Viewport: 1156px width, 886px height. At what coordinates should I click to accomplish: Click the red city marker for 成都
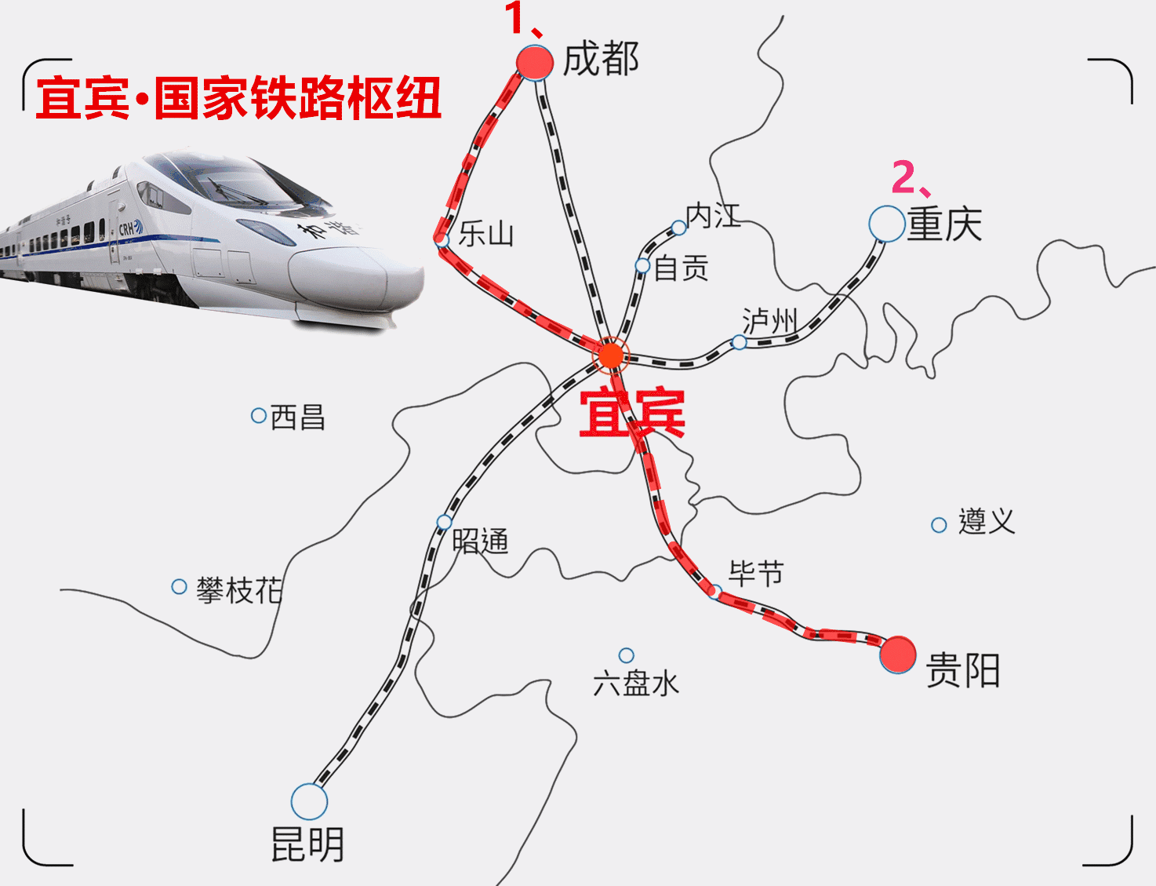point(535,62)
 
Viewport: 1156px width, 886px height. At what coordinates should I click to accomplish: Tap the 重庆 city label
point(944,224)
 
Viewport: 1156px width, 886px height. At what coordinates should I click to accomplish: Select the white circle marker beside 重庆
point(887,224)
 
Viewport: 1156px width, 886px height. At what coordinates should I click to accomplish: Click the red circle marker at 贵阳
point(898,654)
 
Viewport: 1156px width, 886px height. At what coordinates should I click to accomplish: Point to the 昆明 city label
point(307,844)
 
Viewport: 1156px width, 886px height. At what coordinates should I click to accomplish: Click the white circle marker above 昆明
point(309,801)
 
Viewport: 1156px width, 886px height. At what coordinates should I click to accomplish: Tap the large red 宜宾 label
point(632,413)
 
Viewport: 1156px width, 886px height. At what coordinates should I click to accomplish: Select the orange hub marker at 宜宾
point(610,355)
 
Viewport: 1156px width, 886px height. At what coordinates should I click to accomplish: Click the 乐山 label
point(485,234)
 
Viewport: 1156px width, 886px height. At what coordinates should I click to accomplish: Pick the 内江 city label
point(712,215)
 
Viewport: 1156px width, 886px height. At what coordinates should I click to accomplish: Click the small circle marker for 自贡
point(643,266)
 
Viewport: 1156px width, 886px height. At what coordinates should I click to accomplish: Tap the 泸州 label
point(769,320)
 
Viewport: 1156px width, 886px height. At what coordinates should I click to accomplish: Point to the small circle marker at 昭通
point(445,522)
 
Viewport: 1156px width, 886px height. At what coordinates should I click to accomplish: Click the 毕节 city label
point(755,574)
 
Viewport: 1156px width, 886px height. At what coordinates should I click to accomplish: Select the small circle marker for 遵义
point(939,525)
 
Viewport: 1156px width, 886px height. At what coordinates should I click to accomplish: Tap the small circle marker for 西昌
point(258,415)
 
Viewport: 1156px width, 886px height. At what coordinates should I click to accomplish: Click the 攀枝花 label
point(238,589)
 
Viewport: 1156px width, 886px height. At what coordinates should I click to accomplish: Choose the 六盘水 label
point(635,684)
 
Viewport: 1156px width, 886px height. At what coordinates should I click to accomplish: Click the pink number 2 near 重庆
point(903,177)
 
